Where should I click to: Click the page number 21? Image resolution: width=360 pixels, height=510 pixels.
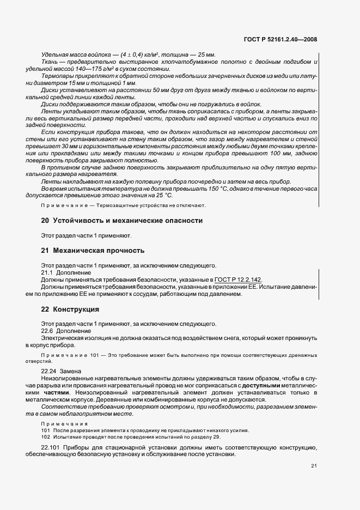(x=314, y=465)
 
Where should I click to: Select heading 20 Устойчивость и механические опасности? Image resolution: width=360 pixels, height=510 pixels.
(x=122, y=221)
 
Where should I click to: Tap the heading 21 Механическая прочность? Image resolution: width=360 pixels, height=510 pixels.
(x=93, y=251)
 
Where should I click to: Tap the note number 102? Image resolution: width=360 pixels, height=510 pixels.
(x=45, y=437)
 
